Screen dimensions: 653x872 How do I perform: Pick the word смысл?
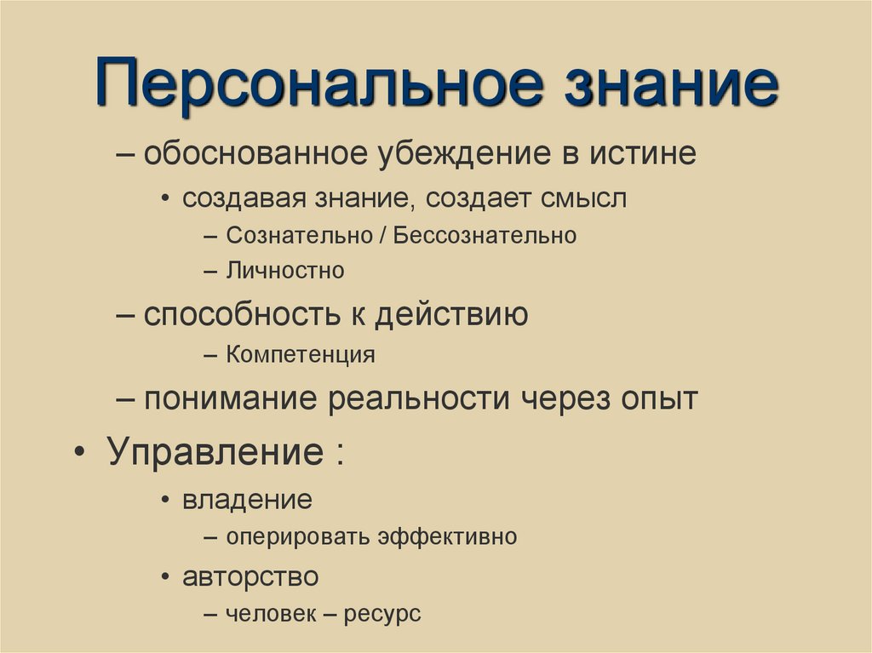point(582,198)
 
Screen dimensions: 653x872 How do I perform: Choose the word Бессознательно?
point(485,235)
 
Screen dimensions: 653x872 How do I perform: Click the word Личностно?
point(285,271)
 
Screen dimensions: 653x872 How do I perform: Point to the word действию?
point(452,315)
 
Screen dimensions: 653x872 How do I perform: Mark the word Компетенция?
point(301,354)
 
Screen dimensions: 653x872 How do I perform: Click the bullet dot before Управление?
point(79,451)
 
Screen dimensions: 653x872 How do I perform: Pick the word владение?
point(247,499)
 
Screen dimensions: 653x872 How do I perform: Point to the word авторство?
point(250,576)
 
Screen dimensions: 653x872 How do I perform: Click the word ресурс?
point(382,614)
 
